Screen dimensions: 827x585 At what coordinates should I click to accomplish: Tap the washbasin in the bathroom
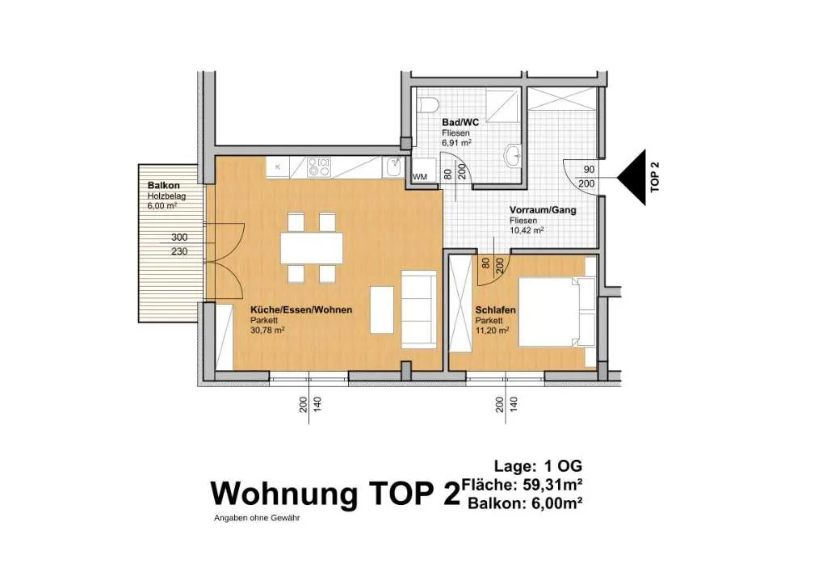(513, 156)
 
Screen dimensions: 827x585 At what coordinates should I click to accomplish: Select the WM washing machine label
(420, 177)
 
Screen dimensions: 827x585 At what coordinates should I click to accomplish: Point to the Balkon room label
(163, 185)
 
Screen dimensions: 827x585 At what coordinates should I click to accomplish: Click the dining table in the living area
(312, 248)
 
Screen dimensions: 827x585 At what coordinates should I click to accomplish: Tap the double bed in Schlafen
(557, 312)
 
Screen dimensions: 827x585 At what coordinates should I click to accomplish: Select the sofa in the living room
(419, 309)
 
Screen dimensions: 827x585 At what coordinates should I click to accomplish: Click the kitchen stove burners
(318, 167)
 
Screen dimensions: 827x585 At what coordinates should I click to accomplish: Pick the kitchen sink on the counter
(393, 167)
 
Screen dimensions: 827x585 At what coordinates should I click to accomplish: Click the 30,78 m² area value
(268, 330)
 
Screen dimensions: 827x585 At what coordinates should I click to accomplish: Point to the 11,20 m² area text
(492, 330)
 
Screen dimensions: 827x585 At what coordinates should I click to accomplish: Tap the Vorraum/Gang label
(543, 210)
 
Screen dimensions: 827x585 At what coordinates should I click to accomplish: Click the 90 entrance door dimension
(589, 170)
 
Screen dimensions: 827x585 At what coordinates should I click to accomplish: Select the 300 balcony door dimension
(179, 238)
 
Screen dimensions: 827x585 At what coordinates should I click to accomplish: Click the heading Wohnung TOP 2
(335, 494)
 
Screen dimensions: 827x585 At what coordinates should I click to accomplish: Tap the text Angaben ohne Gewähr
(257, 518)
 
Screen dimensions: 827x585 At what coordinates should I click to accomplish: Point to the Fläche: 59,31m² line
(523, 484)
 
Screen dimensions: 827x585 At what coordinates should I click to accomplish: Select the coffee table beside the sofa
(382, 309)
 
